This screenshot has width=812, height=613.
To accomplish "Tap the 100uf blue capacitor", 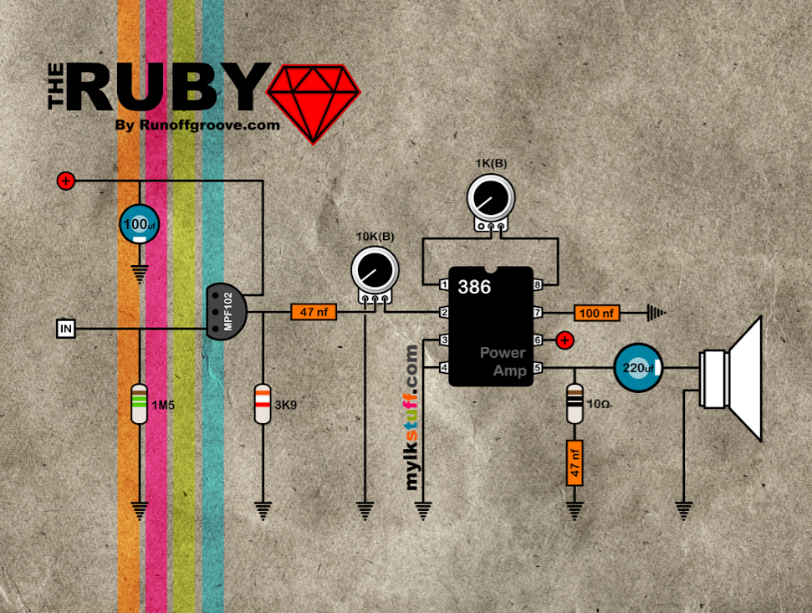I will (140, 225).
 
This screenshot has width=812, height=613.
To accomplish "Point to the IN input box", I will (66, 328).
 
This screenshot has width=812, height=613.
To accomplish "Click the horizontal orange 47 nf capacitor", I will (313, 312).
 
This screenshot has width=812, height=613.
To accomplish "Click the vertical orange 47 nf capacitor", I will (575, 462).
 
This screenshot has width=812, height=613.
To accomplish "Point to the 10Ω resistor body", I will (575, 405).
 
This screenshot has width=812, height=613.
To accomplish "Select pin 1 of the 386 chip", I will (442, 284).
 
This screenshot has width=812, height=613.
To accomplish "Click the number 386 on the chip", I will (474, 287).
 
